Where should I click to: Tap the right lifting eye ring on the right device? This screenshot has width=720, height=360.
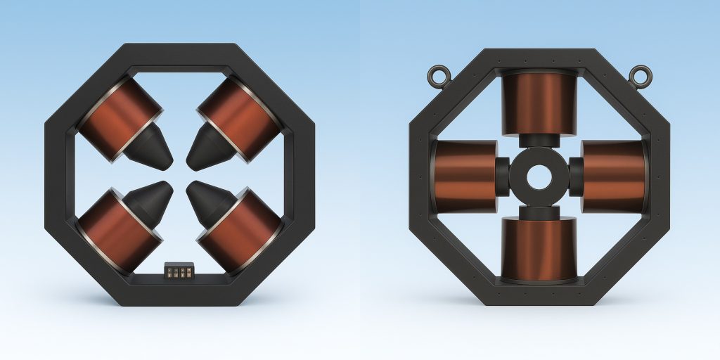pyautogui.click(x=638, y=74)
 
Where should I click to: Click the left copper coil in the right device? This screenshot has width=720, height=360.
pyautogui.click(x=465, y=175)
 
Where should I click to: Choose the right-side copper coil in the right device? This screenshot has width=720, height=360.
pyautogui.click(x=612, y=175)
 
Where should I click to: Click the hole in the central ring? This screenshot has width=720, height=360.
pyautogui.click(x=539, y=176)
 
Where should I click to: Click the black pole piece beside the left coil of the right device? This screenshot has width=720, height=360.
pyautogui.click(x=502, y=176)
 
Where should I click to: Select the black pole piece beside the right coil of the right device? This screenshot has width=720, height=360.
pyautogui.click(x=575, y=176)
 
